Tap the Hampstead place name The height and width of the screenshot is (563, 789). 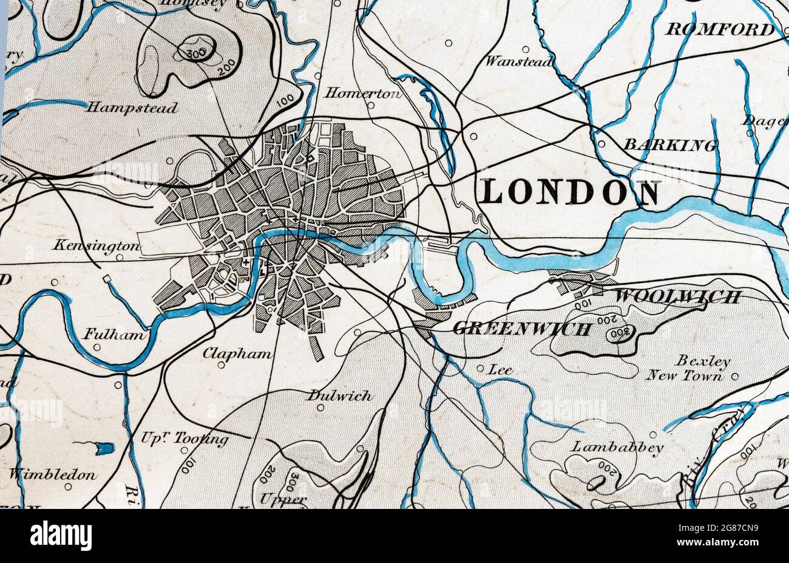tap(132, 108)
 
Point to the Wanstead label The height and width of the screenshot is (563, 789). tap(519, 61)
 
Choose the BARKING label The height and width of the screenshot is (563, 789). tap(669, 145)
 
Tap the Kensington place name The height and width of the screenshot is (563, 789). tap(96, 246)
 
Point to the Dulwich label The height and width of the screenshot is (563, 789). tap(339, 395)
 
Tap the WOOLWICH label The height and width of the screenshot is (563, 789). tap(678, 297)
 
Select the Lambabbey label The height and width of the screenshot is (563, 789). tap(617, 448)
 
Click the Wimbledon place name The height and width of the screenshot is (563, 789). tap(52, 474)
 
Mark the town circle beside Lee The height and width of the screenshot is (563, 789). tap(480, 368)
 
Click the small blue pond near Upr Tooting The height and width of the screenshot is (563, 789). tap(104, 449)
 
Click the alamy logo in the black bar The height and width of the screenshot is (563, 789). tap(61, 536)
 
